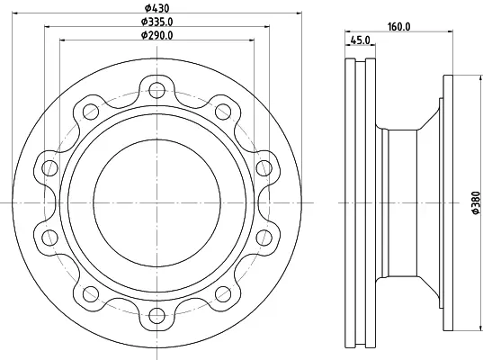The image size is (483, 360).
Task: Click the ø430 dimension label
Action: (157, 8)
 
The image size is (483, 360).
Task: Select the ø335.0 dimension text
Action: (157, 22)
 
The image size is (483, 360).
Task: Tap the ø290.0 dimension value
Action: (157, 35)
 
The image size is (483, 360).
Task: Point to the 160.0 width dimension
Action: (399, 27)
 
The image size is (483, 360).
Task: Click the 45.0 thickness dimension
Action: (361, 40)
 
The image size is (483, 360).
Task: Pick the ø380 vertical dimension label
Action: (476, 202)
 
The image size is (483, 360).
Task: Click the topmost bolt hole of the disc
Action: (157, 90)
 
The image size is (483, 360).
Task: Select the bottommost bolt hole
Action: (157, 315)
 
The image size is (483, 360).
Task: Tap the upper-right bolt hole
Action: (223, 112)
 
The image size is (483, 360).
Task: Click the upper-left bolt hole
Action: (91, 112)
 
